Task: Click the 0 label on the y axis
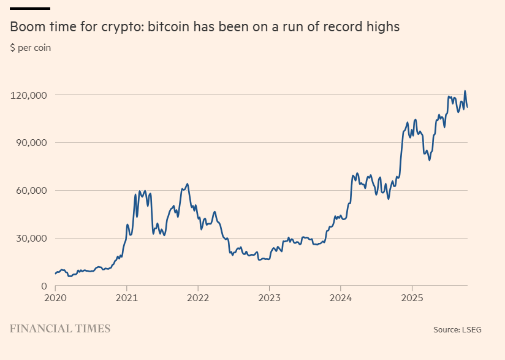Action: point(45,286)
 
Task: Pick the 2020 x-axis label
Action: point(55,298)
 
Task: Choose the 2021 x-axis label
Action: point(126,298)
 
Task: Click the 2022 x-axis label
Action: point(197,298)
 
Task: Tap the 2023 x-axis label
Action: point(269,298)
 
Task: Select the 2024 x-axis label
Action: point(340,298)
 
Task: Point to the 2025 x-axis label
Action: point(411,298)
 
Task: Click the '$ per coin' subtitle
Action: point(30,48)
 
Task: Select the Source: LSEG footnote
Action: point(457,330)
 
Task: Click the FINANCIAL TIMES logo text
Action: point(60,329)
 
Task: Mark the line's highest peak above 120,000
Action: point(465,91)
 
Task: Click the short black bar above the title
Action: point(30,9)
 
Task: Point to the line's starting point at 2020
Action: point(55,274)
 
